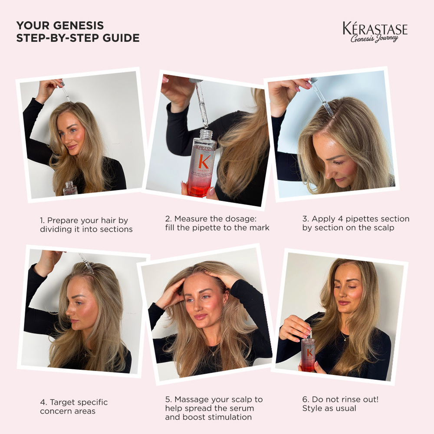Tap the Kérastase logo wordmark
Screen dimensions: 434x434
click(375, 28)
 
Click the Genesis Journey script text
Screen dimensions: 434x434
click(375, 38)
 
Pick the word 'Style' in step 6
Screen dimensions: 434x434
click(312, 408)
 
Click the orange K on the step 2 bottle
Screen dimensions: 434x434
click(204, 162)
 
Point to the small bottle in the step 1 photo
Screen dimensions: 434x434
click(70, 189)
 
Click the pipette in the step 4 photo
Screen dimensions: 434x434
click(87, 263)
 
